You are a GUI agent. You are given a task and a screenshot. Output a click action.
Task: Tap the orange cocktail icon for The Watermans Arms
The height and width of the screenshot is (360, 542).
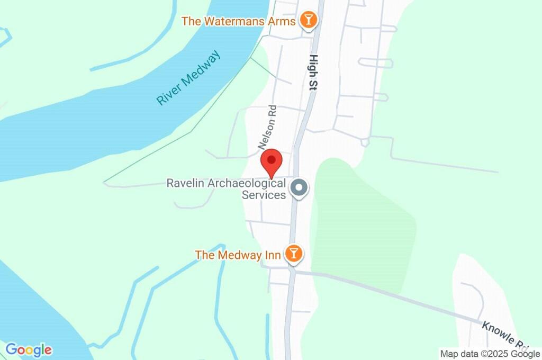click(308, 21)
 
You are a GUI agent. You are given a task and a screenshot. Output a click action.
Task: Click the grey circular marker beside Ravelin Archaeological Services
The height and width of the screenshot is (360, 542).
click(300, 188)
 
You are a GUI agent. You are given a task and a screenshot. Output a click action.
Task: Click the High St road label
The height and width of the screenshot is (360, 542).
click(313, 73)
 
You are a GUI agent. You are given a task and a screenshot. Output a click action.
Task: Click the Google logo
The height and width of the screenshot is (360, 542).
click(29, 350)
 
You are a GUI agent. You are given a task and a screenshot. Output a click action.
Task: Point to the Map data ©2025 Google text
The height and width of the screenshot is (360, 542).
click(490, 354)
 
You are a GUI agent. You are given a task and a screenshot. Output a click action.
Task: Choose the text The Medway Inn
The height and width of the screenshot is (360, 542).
click(238, 255)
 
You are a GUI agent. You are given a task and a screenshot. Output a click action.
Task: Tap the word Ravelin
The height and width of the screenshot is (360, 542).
click(185, 184)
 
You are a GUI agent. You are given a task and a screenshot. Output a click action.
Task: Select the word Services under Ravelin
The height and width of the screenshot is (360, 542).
click(264, 195)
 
